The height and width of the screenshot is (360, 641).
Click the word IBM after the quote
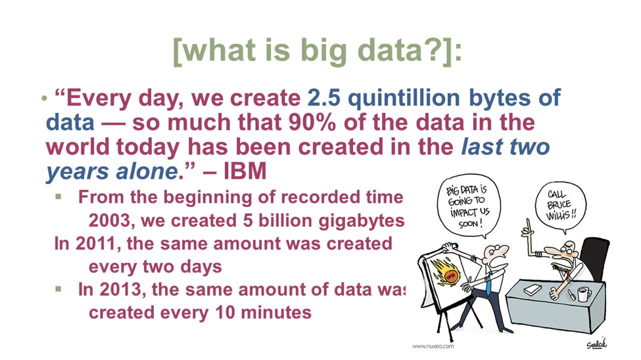[245, 171]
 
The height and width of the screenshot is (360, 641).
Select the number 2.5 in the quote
[323, 98]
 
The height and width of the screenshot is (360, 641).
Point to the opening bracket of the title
[178, 51]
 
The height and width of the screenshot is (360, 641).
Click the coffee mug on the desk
[583, 294]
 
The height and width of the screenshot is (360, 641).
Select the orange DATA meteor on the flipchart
[447, 273]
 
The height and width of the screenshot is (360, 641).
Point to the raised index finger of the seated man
[528, 225]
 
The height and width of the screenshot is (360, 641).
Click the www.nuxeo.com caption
[433, 346]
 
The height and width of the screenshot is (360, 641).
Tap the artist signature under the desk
[596, 344]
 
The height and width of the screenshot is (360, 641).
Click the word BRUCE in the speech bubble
[559, 204]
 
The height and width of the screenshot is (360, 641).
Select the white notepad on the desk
[533, 290]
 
